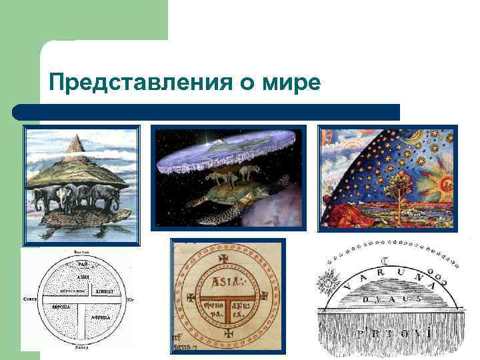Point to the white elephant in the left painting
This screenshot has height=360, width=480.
click(x=65, y=197)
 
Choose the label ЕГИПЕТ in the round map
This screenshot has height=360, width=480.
click(x=105, y=291)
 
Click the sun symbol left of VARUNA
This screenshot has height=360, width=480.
click(x=327, y=285)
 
